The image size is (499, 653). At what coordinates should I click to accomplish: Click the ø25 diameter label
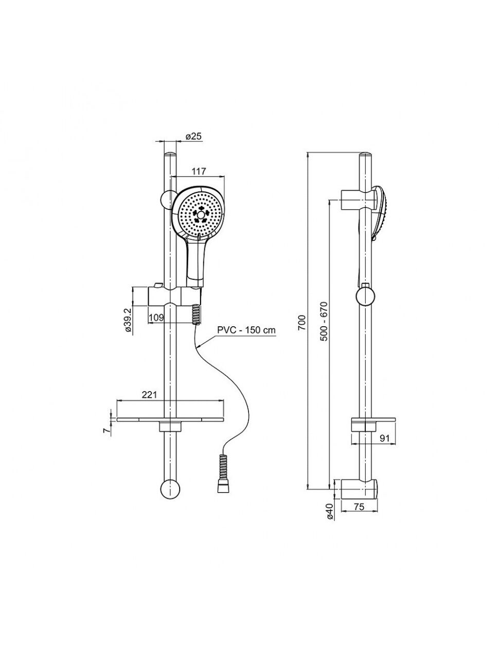193,136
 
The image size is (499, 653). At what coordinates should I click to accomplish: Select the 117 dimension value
199,171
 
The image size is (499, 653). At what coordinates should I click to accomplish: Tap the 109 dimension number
156,317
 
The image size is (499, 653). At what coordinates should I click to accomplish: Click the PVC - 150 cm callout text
246,330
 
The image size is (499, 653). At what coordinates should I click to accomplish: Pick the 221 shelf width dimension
149,395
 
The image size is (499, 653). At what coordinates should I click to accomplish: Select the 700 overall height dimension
302,322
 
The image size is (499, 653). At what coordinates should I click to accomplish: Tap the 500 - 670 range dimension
324,321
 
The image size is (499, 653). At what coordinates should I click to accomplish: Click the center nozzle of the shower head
201,215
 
